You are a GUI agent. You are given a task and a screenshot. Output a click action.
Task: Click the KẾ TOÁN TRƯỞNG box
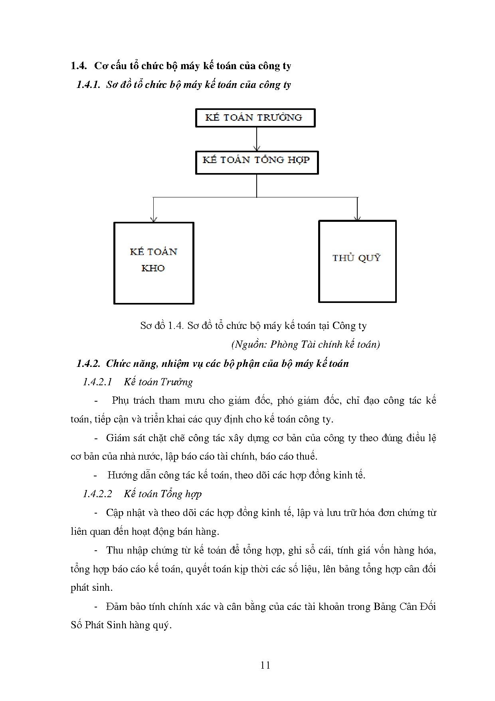[255, 118]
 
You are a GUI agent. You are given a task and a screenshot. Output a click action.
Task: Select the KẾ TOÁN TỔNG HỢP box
[256, 162]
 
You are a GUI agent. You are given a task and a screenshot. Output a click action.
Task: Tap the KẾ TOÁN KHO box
[154, 263]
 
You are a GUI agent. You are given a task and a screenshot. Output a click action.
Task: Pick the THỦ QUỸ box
[357, 261]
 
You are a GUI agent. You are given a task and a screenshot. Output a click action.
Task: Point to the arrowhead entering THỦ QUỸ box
[357, 217]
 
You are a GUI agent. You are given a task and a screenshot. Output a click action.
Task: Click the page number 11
[265, 665]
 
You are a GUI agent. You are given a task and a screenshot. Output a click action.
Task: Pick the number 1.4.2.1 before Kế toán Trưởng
[98, 382]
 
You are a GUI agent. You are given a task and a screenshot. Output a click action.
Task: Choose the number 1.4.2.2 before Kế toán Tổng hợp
[98, 494]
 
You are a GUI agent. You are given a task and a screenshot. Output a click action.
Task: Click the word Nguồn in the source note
[249, 345]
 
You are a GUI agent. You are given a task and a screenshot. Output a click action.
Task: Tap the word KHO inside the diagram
[153, 268]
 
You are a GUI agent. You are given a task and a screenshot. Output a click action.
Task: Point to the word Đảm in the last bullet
[117, 607]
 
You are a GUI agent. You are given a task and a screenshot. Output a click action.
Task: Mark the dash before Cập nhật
[96, 513]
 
